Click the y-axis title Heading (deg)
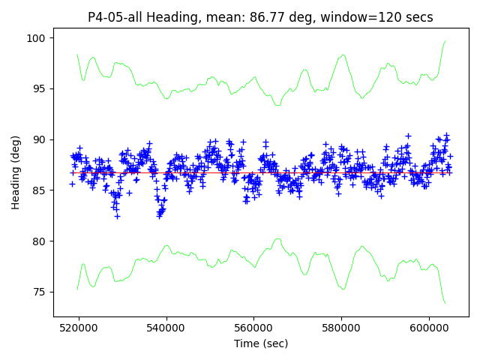16,172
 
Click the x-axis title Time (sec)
261,343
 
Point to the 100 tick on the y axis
38,38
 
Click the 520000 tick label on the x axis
79,328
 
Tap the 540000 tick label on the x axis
166,328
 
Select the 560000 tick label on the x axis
254,328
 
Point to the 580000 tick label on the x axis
341,328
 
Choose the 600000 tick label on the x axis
429,328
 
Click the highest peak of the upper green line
445,41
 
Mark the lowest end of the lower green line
445,303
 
